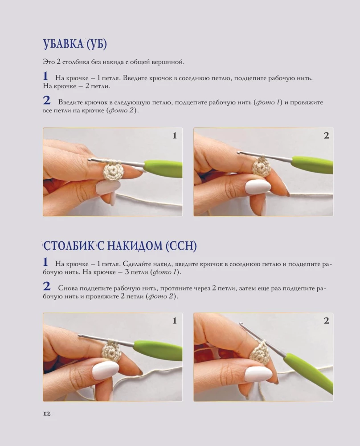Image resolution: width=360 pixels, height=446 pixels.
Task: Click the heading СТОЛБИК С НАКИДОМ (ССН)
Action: (119, 246)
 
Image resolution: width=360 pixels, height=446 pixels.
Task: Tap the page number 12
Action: (47, 414)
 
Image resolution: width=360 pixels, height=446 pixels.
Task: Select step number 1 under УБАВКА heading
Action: (45, 76)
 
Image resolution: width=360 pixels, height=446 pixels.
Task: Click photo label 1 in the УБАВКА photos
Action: (175, 136)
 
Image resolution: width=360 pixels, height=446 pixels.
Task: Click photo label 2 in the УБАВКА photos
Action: (326, 136)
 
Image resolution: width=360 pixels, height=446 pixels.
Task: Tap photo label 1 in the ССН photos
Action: (175, 321)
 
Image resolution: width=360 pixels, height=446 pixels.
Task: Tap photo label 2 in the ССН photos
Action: (326, 321)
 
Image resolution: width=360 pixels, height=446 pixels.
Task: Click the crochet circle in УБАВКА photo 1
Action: (113, 171)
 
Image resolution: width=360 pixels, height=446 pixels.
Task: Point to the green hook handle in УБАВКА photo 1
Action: (163, 169)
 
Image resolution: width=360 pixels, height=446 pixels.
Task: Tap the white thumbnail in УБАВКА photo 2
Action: (258, 186)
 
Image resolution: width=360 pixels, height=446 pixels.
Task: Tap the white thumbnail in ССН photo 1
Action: (105, 370)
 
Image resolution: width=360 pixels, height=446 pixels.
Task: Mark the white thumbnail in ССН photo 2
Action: (258, 373)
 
